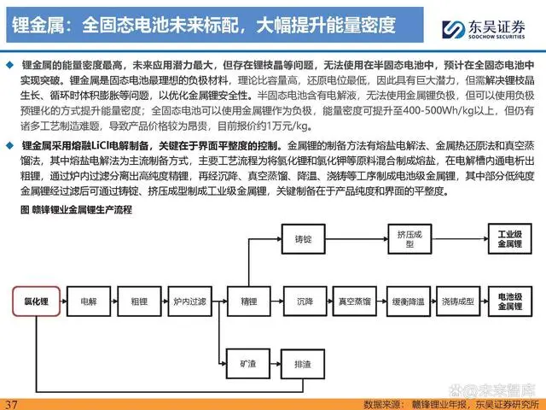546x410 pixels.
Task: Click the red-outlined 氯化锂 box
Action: pos(35,302)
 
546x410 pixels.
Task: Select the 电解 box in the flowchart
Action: pos(89,302)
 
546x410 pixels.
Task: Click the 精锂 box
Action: pos(248,302)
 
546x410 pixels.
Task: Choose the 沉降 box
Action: pos(305,302)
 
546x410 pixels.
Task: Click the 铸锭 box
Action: pos(305,238)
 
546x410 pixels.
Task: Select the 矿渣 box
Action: pos(248,364)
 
